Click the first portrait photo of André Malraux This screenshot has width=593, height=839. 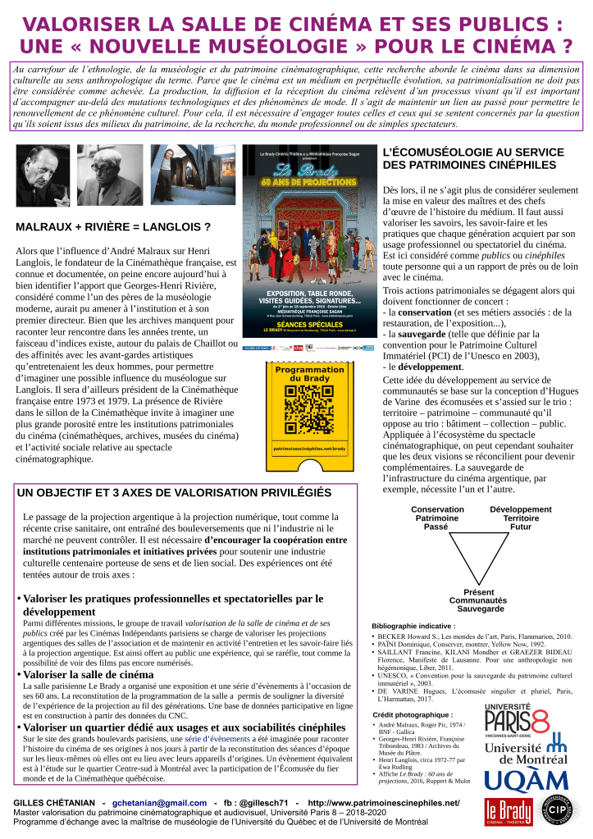43,176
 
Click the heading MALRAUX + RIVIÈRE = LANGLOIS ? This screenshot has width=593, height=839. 113,226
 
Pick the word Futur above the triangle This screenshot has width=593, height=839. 521,527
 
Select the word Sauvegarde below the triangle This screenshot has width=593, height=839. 480,609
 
